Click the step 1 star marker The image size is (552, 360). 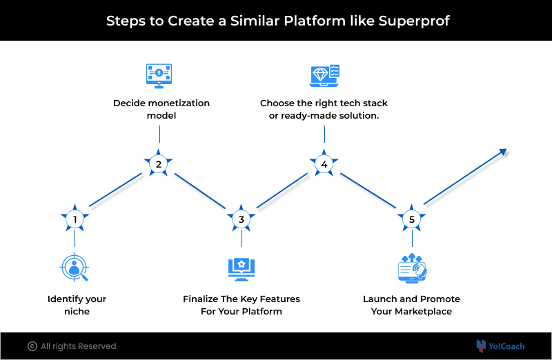[75, 219]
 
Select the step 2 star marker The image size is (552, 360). [159, 164]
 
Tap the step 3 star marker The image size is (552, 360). [241, 219]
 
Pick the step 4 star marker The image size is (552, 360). [324, 164]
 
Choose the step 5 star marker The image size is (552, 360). [412, 219]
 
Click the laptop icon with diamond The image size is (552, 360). [324, 75]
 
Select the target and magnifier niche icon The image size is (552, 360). [75, 268]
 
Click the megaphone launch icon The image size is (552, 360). [412, 268]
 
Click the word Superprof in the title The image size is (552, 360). [414, 21]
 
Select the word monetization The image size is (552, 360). [177, 103]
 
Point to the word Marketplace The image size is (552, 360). [422, 311]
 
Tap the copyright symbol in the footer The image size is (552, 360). [32, 346]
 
